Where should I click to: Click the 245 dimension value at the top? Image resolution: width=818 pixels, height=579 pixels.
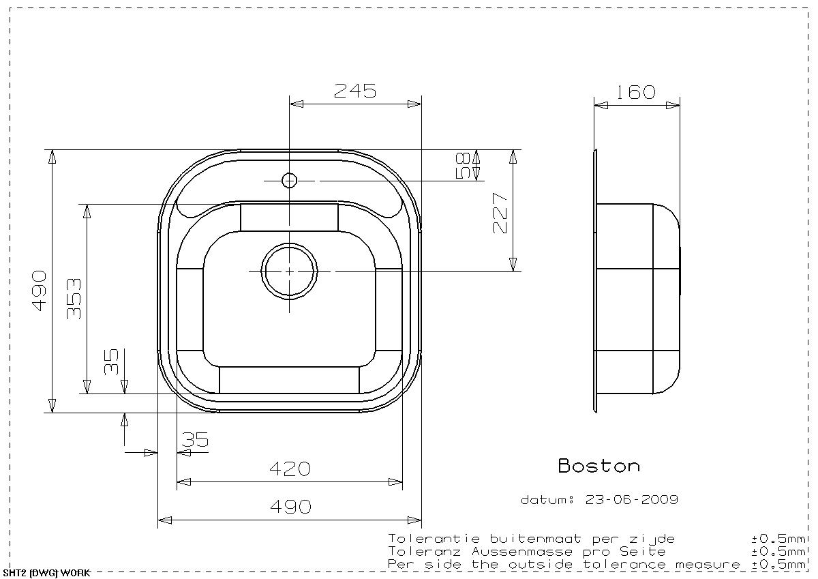(x=354, y=91)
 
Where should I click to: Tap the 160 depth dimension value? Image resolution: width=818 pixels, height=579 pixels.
(x=636, y=93)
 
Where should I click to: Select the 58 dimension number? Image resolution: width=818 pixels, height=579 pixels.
(x=463, y=166)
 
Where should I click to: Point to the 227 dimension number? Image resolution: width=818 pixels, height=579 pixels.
(x=500, y=213)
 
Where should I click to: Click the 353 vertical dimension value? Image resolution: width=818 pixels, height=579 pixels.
(x=74, y=299)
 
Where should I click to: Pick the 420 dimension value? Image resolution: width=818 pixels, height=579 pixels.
(x=290, y=469)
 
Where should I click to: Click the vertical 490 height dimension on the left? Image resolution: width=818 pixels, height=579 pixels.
(x=40, y=291)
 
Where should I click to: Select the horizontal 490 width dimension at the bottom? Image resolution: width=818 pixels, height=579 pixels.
(x=290, y=507)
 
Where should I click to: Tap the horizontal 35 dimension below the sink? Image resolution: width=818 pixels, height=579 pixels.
(x=195, y=439)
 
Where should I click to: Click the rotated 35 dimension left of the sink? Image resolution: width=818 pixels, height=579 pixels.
(x=111, y=361)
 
